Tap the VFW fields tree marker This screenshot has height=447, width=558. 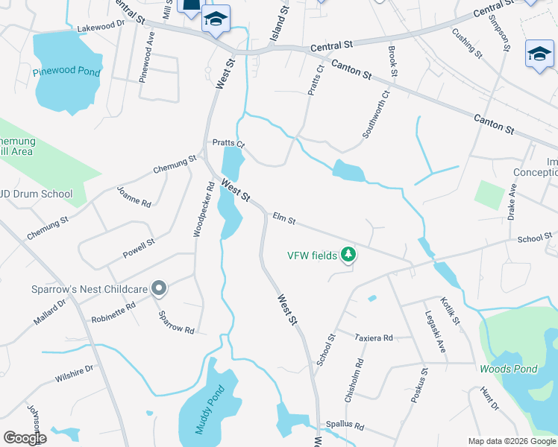click(348, 256)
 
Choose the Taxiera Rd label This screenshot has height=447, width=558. click(374, 338)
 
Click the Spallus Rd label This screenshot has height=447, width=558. click(344, 427)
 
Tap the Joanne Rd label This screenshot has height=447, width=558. click(134, 197)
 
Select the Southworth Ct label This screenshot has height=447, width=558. click(376, 115)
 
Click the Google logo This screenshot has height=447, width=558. click(25, 438)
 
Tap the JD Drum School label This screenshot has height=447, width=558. click(37, 194)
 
